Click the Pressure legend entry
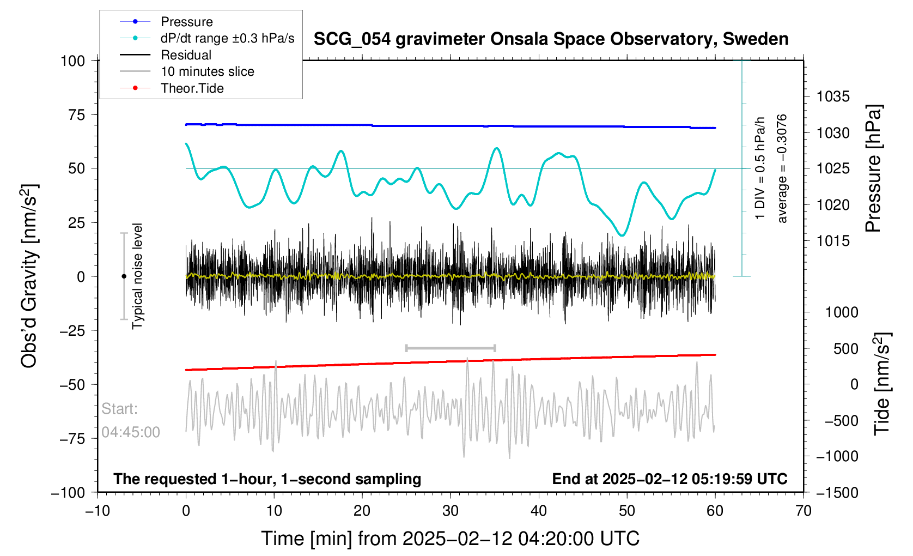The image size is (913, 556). point(186,22)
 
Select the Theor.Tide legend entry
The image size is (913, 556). point(192,88)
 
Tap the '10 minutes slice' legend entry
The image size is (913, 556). point(207,71)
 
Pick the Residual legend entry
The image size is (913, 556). point(186,55)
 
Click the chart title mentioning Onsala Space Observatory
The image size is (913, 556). point(551,39)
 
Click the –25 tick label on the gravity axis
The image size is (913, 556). point(73,330)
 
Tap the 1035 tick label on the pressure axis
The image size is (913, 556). point(833,96)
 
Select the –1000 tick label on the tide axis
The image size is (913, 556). point(836,456)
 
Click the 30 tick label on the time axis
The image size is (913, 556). point(451,511)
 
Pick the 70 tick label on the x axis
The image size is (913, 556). point(803,511)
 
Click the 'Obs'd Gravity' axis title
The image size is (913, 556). point(29,276)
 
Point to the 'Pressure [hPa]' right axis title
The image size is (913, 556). point(873,168)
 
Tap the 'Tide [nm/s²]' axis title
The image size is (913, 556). point(882,384)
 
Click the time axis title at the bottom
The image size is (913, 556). point(450,539)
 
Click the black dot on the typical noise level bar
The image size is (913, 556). point(124,276)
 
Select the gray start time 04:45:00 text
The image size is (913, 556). point(131,432)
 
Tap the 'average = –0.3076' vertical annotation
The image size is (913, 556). point(782,168)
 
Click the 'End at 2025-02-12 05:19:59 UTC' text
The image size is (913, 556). point(669,479)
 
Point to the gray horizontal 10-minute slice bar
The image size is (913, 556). point(451,348)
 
